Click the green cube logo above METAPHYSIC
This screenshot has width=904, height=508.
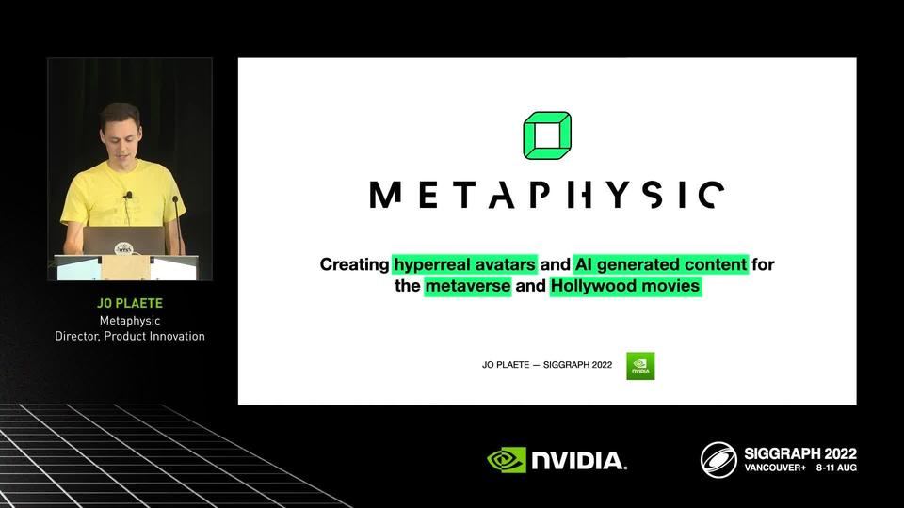pos(547,135)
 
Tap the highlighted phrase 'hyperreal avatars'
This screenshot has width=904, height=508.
pos(464,264)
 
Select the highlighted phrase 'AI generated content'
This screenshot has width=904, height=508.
pos(661,264)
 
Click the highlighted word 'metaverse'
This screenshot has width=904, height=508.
pos(468,286)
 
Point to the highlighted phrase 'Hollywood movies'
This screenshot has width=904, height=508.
pos(625,286)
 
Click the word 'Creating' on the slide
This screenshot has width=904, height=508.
pos(355,264)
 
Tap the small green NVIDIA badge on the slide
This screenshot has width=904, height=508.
pos(640,366)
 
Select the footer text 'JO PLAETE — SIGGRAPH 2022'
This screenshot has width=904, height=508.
pos(547,365)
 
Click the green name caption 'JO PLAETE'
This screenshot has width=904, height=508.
pos(130,303)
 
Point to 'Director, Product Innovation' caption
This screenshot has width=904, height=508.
pos(130,336)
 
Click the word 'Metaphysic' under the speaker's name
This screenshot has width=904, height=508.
pos(130,320)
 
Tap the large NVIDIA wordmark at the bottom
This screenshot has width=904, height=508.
pos(579,461)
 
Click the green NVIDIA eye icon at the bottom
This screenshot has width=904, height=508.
pos(507,460)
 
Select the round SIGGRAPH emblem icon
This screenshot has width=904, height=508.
pos(718,460)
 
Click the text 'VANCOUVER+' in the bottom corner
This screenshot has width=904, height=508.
pos(775,468)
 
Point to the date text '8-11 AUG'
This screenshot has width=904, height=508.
pos(836,468)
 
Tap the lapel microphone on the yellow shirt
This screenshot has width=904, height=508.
pos(128,196)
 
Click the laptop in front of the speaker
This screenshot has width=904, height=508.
pos(123,241)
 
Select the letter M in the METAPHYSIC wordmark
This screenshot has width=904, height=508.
pos(385,195)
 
